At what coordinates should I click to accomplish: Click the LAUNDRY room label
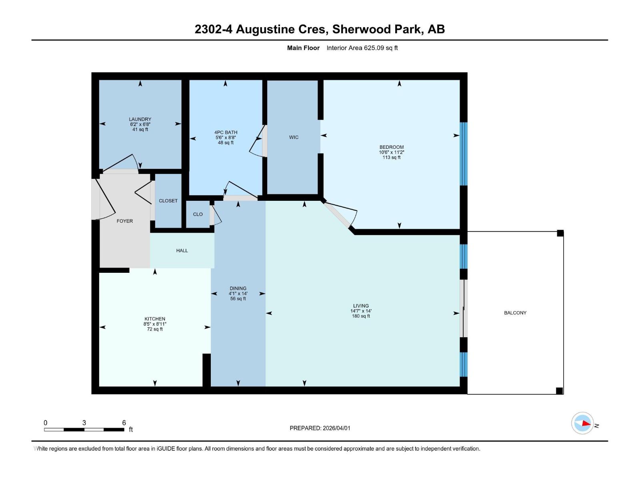(x=140, y=119)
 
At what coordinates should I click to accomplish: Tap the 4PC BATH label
(x=226, y=132)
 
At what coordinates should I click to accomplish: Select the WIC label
(x=294, y=137)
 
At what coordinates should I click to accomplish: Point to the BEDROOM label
(x=392, y=147)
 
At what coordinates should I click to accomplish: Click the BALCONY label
(x=515, y=313)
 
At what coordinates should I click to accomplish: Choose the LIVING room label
(x=361, y=306)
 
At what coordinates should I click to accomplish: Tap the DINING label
(x=238, y=288)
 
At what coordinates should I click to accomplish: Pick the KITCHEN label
(x=155, y=319)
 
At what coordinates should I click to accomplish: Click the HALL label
(x=182, y=250)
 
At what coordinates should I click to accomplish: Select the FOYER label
(x=125, y=221)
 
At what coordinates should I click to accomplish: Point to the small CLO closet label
(x=198, y=214)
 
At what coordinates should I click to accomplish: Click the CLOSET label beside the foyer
(x=168, y=201)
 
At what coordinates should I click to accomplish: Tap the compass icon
(x=582, y=423)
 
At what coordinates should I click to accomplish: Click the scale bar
(x=84, y=430)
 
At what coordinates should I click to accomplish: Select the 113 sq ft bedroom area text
(x=392, y=158)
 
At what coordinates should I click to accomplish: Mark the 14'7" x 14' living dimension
(x=361, y=311)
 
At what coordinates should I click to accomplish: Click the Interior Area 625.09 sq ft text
(x=362, y=48)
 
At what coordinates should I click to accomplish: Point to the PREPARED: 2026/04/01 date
(x=320, y=428)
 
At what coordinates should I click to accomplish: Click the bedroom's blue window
(x=464, y=154)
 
